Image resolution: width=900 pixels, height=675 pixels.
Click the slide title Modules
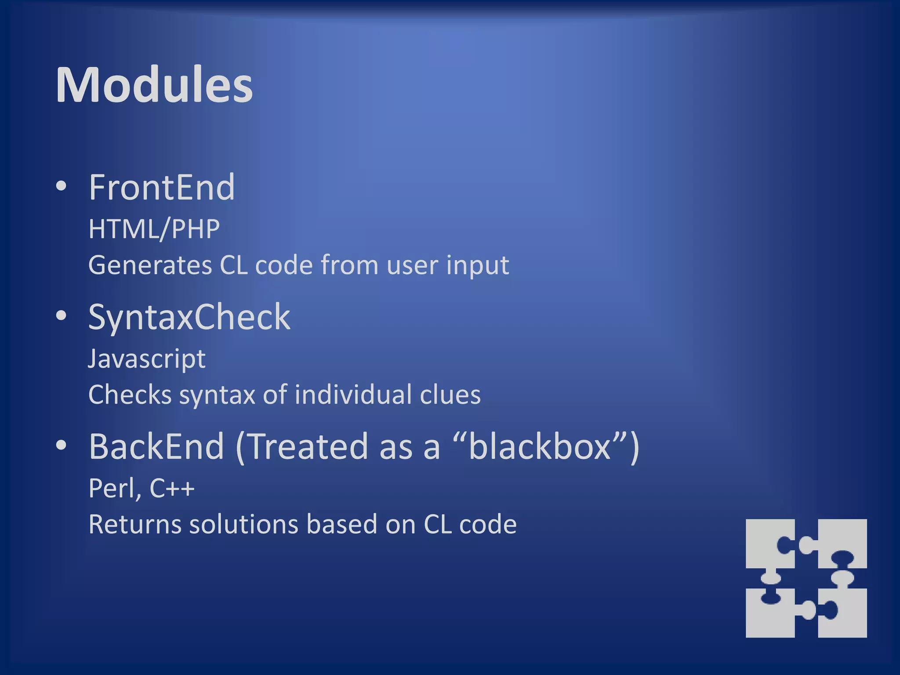154,85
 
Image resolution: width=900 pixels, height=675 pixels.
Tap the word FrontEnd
162,188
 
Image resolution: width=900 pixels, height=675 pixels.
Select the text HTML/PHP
154,229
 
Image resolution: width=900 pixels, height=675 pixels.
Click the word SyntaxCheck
189,317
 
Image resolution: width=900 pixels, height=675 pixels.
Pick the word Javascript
146,359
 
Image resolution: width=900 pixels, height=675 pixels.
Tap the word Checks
130,395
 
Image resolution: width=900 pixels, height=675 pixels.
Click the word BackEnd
156,446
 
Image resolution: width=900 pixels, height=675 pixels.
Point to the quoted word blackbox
540,446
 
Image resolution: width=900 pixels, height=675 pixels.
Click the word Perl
113,488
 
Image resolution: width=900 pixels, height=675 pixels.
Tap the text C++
172,488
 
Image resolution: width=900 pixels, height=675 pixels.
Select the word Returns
134,524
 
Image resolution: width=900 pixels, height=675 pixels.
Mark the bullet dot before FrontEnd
61,186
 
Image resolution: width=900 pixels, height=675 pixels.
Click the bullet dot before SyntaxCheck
61,316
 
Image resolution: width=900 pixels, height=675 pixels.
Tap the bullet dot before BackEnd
61,445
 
